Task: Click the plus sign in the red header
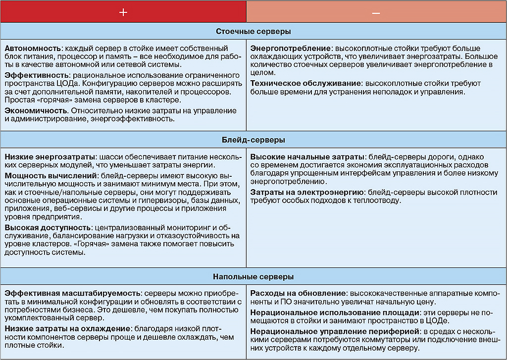(123, 12)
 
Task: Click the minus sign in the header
(376, 12)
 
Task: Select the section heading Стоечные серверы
(253, 31)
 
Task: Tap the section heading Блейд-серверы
(253, 140)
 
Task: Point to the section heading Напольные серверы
(253, 276)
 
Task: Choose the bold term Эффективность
(35, 75)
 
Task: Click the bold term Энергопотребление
(291, 49)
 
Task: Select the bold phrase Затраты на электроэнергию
(305, 192)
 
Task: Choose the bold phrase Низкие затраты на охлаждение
(67, 328)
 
